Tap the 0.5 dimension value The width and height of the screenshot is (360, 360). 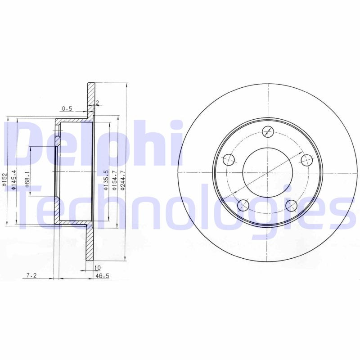(67, 108)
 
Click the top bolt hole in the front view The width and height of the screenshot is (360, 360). (268, 131)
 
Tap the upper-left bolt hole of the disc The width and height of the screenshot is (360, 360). (229, 159)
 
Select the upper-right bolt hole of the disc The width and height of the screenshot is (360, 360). (306, 159)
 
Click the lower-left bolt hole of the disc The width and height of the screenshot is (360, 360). (243, 205)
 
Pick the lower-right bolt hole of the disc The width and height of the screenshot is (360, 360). (292, 205)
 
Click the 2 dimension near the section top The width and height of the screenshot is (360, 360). (97, 103)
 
